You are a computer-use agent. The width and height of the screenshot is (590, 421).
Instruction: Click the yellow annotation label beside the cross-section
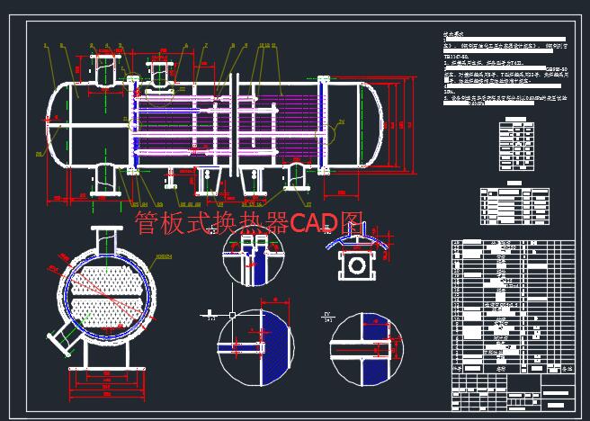(163, 257)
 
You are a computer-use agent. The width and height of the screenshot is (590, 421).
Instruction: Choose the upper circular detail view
(252, 262)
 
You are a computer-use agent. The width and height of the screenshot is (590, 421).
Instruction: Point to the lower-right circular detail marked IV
(364, 346)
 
